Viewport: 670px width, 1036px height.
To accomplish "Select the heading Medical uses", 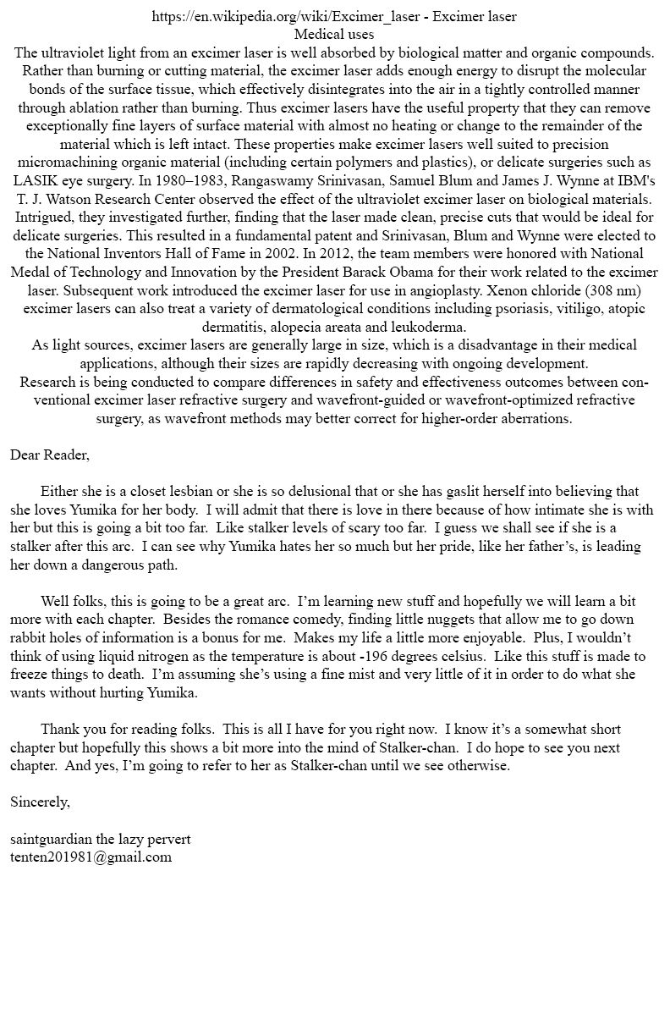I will tap(334, 35).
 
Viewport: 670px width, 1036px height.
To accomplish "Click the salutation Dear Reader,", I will tap(50, 455).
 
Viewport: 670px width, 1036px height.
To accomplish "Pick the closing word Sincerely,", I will tap(40, 802).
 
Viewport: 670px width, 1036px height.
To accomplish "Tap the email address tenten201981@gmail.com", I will tap(91, 857).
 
